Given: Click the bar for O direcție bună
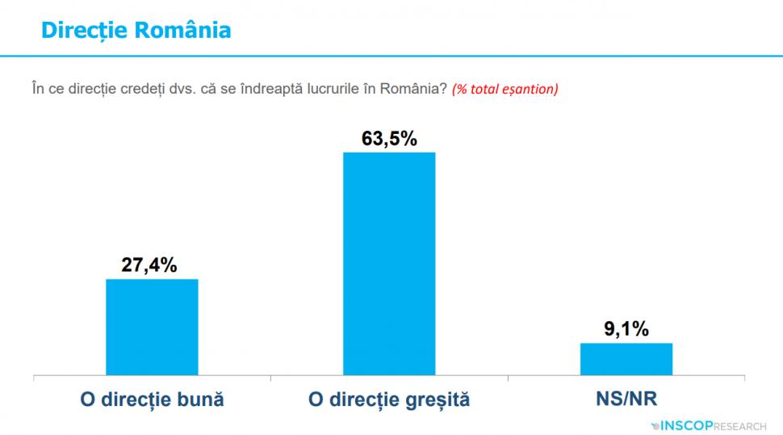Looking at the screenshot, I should click(x=152, y=327).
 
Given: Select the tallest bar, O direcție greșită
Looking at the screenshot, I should click(x=389, y=264).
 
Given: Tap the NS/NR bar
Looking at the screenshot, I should click(x=626, y=359).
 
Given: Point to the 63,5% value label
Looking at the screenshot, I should click(x=389, y=139).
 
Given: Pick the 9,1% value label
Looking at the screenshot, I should click(x=626, y=329).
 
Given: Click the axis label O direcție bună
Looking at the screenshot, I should click(x=152, y=399).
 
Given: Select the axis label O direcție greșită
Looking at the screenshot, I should click(x=389, y=399).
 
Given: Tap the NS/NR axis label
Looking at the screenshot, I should click(x=626, y=399).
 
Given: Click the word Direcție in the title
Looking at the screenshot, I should click(x=83, y=30).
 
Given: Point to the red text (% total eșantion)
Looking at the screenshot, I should click(x=505, y=89).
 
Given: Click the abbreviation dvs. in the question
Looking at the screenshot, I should click(x=168, y=89).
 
